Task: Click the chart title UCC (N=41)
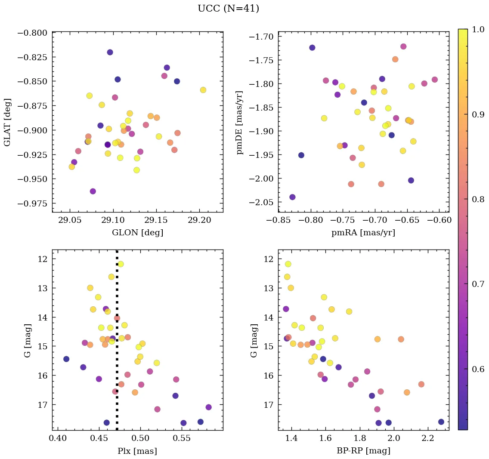click(228, 9)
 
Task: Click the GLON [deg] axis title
click(137, 233)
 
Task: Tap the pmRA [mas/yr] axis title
click(363, 233)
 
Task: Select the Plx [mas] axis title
click(137, 451)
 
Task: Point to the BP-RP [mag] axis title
click(363, 451)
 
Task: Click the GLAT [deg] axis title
click(7, 122)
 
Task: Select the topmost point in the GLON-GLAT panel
click(110, 52)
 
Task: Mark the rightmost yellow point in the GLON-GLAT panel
click(203, 90)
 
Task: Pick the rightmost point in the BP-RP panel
click(441, 422)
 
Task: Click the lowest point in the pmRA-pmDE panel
click(292, 197)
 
